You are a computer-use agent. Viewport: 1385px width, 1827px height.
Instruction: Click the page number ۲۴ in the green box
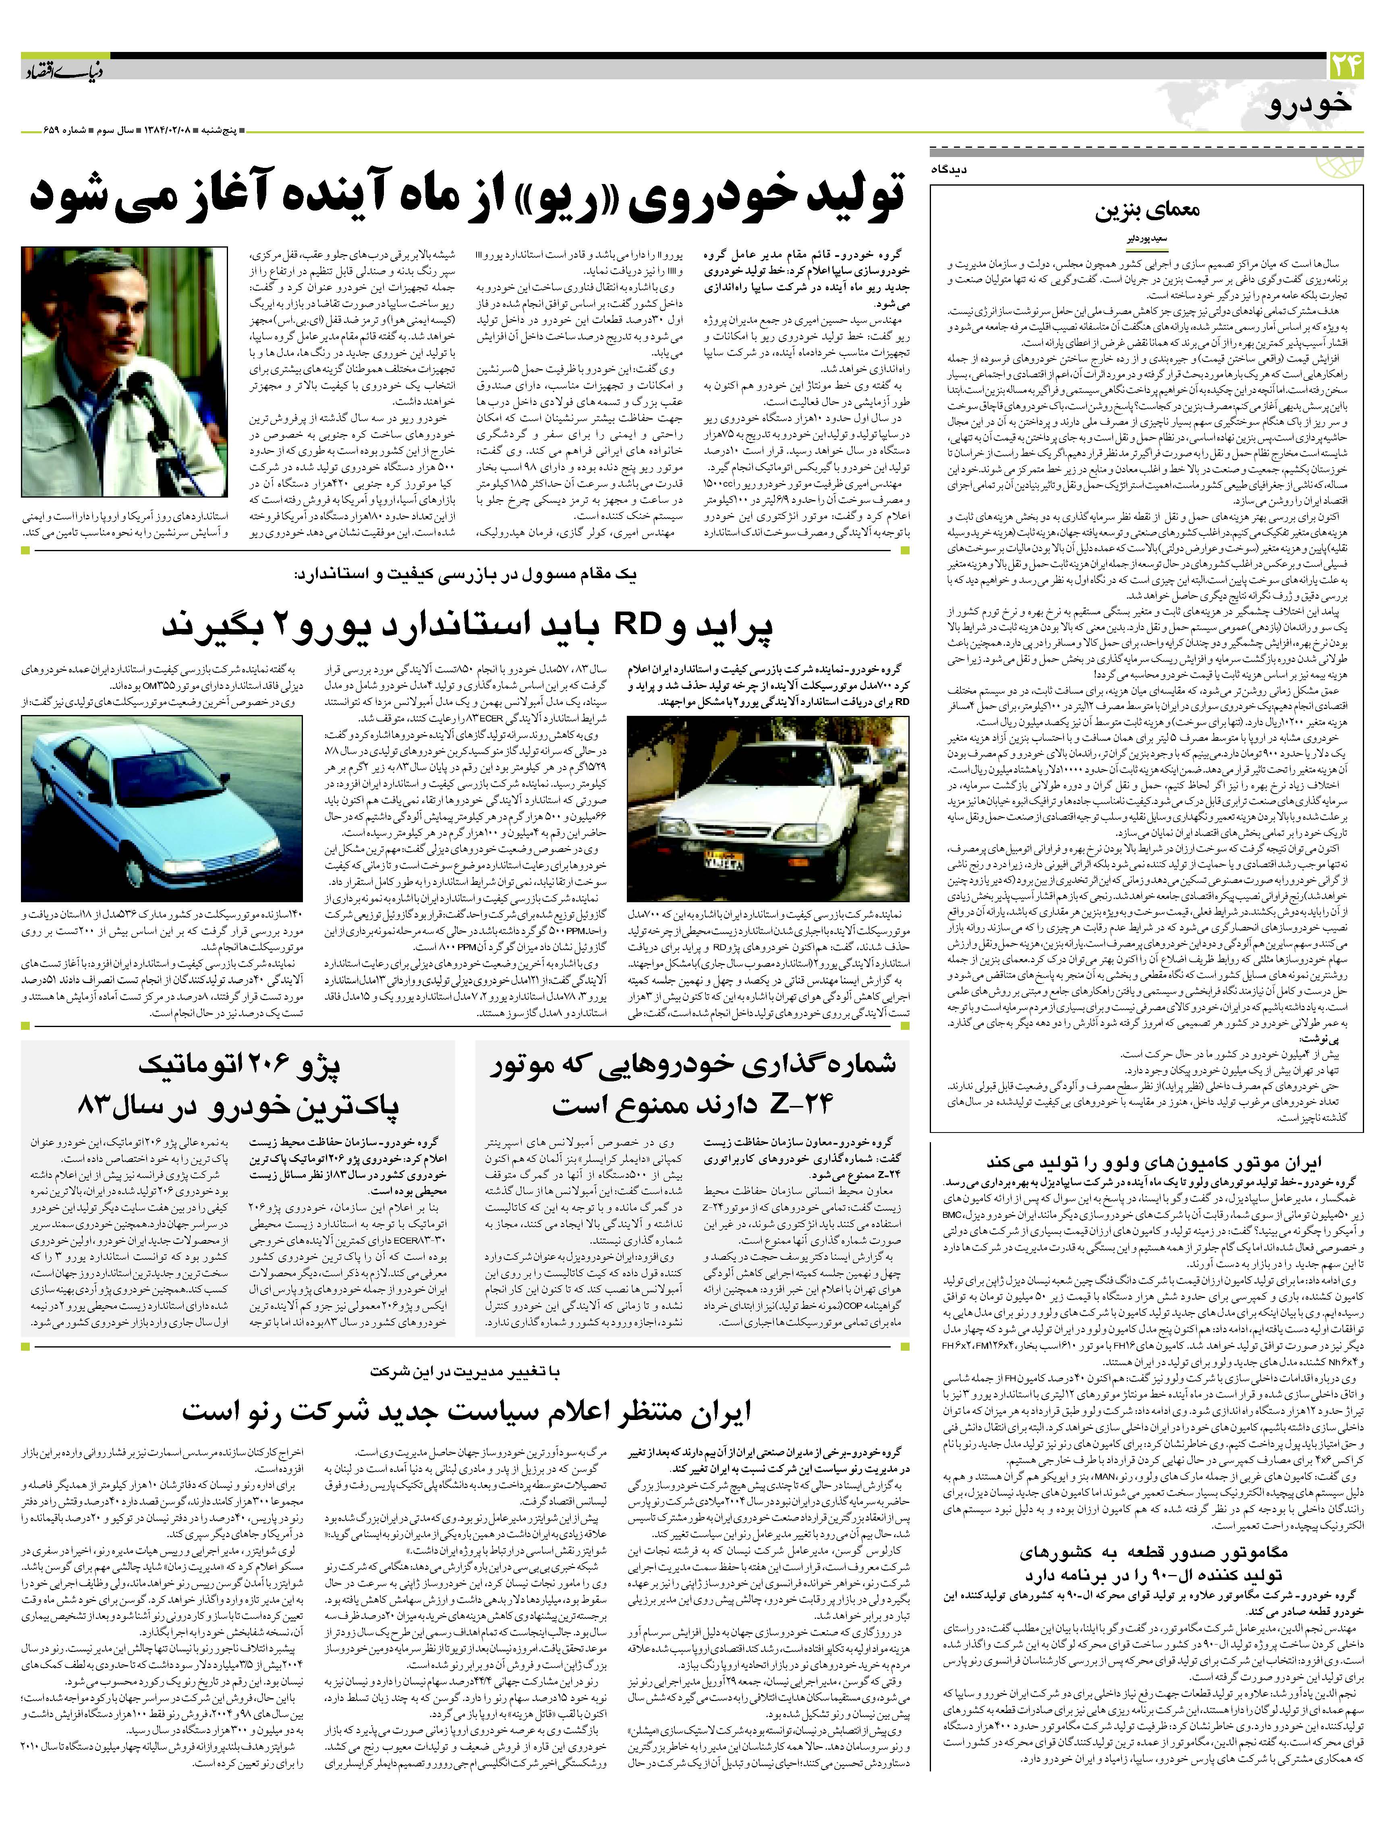pyautogui.click(x=1348, y=66)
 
